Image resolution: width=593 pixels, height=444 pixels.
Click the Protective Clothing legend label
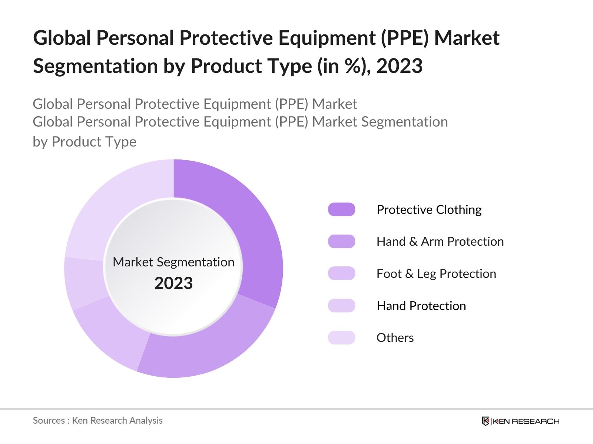pos(429,210)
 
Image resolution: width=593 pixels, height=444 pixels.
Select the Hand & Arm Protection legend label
pos(440,242)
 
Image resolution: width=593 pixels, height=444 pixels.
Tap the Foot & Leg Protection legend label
pos(436,274)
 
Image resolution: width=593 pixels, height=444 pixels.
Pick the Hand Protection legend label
pos(421,306)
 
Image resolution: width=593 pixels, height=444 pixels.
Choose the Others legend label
pos(395,338)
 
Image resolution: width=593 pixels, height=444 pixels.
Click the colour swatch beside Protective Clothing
pos(341,209)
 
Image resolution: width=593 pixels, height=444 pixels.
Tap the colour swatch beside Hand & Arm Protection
pos(341,241)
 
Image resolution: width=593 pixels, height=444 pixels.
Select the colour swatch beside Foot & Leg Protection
pos(341,273)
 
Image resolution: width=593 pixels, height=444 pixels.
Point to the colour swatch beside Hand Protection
pos(341,306)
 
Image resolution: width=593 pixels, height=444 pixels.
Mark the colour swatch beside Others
pos(341,337)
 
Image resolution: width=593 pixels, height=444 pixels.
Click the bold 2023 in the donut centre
pos(173,283)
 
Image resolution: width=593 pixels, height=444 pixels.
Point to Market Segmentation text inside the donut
pos(173,262)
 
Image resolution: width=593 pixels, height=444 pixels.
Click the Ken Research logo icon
pos(486,421)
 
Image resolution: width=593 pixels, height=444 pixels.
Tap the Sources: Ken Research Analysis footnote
pos(97,420)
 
